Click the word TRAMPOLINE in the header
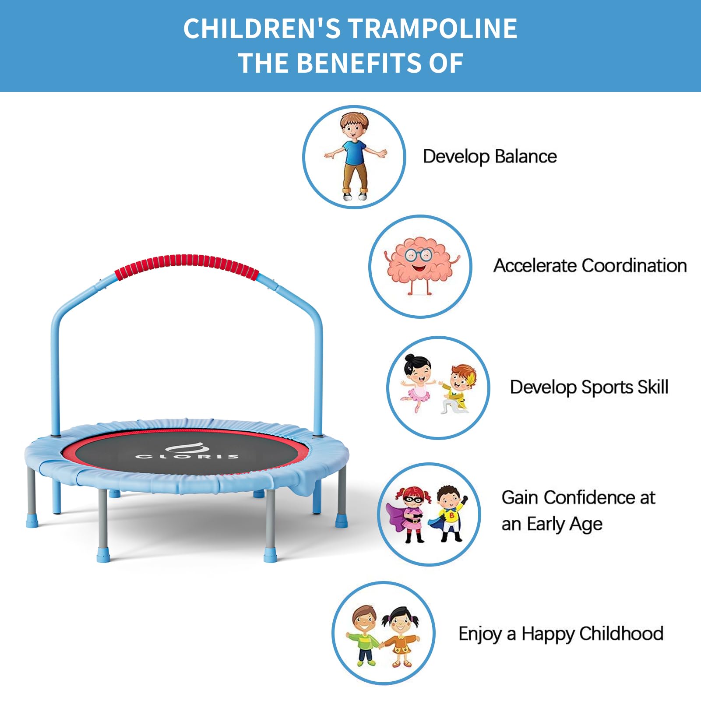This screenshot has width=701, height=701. point(432,29)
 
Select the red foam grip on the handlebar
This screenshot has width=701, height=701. point(187,266)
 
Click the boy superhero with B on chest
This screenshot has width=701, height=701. point(448,514)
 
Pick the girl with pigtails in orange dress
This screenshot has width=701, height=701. point(399,637)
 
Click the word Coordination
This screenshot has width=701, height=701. point(634,266)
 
